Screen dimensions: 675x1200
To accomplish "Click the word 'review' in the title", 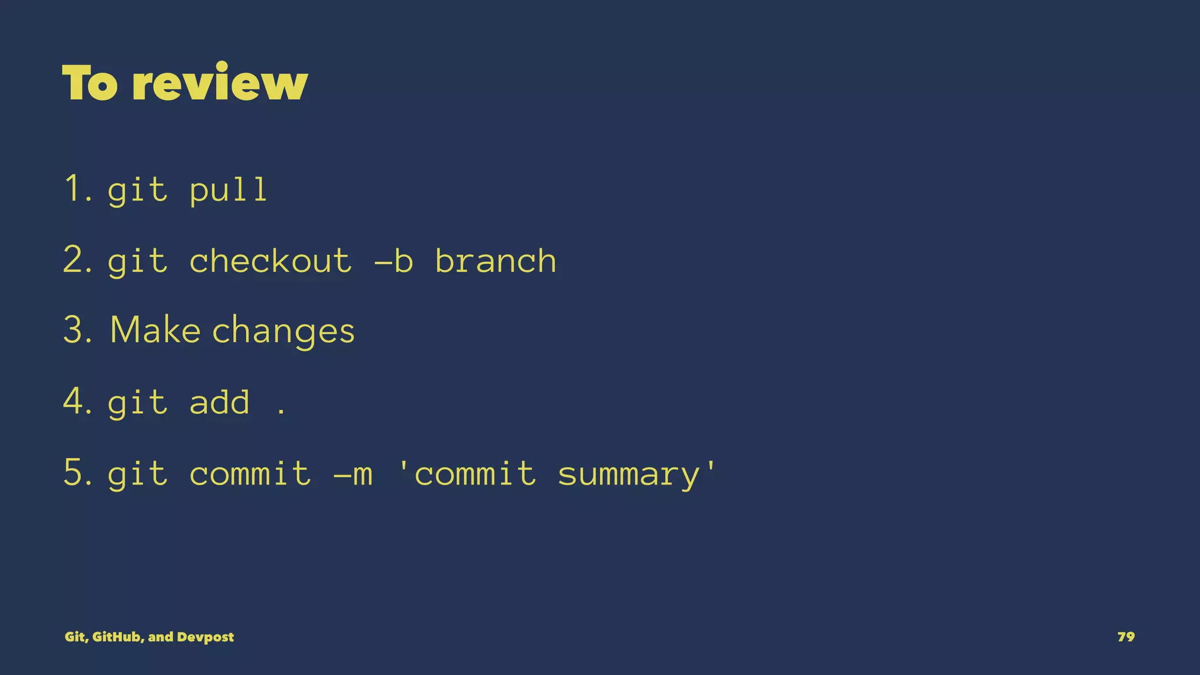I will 220,83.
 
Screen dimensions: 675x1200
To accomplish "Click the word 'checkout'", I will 270,260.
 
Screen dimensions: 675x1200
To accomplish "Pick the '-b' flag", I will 394,260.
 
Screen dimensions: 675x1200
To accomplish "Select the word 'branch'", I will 495,260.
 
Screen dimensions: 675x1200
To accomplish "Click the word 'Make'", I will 155,329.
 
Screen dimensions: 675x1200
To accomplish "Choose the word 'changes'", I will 283,332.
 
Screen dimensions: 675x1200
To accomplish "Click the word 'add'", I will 219,402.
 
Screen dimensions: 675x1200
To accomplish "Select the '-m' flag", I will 353,473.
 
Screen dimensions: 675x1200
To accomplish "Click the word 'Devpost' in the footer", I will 205,637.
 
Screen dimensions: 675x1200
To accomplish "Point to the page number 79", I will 1126,637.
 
